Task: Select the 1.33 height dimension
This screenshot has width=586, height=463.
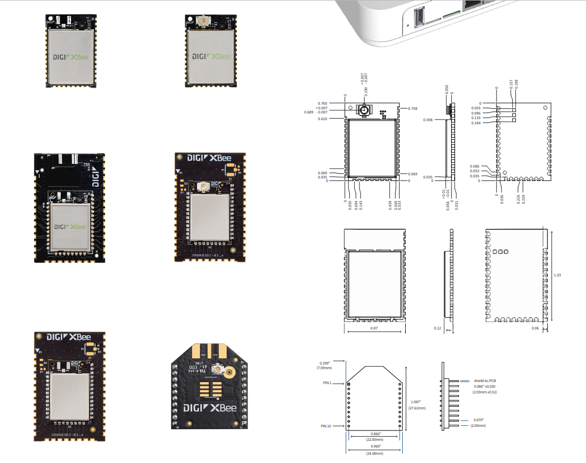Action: (557, 275)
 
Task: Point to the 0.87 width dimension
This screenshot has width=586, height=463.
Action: (374, 328)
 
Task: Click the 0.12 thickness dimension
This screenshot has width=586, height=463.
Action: (438, 328)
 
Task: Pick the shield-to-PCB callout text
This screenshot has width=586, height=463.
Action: (485, 381)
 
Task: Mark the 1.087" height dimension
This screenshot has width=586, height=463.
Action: (416, 402)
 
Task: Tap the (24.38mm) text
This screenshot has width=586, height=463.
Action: (375, 453)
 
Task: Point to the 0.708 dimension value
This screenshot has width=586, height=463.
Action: (412, 108)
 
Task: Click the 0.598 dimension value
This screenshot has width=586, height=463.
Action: (427, 120)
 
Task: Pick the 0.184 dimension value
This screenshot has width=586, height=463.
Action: (476, 123)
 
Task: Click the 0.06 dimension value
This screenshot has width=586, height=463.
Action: (536, 328)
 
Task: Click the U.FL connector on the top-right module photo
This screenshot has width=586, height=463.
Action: (202, 22)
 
